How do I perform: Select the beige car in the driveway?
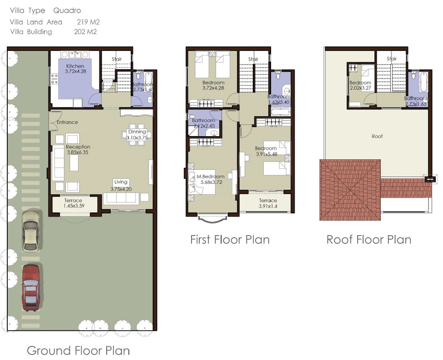click(x=30, y=231)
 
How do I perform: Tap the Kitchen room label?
click(x=75, y=66)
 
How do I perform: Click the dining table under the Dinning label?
click(x=136, y=135)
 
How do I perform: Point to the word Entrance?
click(x=67, y=122)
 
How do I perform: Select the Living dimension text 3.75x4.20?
click(x=121, y=189)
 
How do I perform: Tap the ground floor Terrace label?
click(x=73, y=200)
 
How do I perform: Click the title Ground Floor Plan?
click(x=78, y=350)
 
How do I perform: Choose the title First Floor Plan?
click(x=230, y=239)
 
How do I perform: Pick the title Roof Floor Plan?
click(x=369, y=239)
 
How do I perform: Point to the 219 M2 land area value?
click(x=88, y=22)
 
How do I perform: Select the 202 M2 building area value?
click(x=85, y=32)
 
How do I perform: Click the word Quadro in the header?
click(x=67, y=10)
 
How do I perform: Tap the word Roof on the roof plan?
click(x=377, y=136)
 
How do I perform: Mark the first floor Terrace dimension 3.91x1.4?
click(x=268, y=207)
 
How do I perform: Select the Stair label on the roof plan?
click(x=392, y=59)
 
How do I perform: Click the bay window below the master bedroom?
click(x=211, y=220)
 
